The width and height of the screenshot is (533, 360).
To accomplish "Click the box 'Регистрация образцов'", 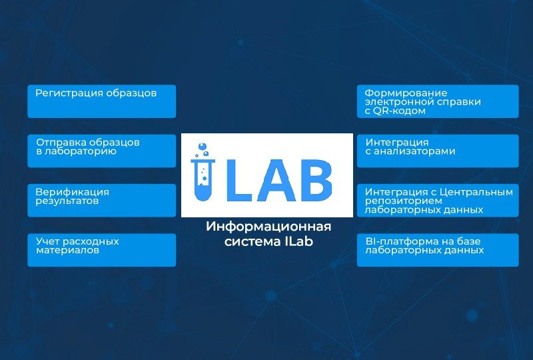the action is coord(102,101).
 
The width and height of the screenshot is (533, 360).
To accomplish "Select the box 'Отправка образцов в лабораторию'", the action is coord(102,151).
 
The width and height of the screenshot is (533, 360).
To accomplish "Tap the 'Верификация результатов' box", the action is coord(102,201).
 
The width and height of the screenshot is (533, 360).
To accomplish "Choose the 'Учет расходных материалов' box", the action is coord(102,250).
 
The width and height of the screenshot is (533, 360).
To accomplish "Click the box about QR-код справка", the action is coord(438,101).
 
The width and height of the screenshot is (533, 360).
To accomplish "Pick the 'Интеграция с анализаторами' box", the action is coord(438,151).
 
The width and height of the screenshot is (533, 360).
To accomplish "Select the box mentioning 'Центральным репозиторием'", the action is coord(438,201).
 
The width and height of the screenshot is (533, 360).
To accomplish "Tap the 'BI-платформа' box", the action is coord(438,250).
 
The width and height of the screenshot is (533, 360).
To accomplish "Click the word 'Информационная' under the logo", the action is coord(268,227).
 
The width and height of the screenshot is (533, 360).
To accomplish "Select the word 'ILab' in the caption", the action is coord(297,241).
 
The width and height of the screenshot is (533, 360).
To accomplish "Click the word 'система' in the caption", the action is coord(251,242).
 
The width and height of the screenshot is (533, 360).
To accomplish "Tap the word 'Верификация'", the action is coord(73,192).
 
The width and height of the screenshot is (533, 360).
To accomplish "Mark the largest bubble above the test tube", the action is coord(203,146).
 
